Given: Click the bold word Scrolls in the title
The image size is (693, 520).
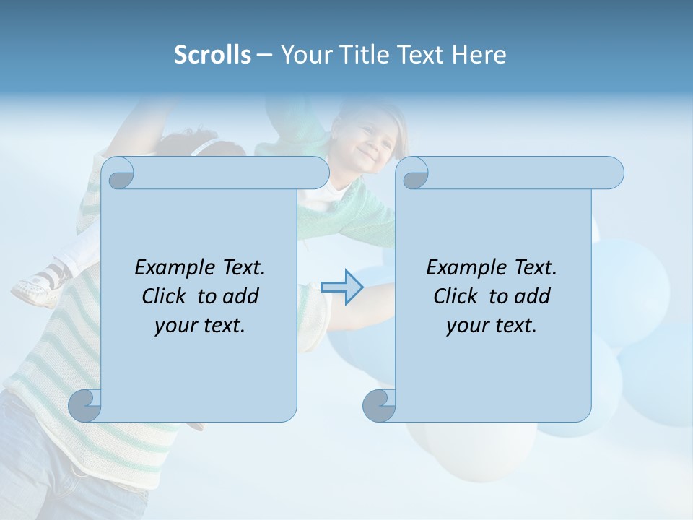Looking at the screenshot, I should [212, 55].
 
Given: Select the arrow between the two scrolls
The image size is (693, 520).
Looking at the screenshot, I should [341, 287].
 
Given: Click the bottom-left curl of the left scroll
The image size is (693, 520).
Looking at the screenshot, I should [85, 405].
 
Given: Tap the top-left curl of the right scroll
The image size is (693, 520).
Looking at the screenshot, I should [414, 174].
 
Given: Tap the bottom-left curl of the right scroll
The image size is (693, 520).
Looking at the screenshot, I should [379, 405].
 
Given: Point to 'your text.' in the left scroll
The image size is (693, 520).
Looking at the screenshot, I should [200, 325].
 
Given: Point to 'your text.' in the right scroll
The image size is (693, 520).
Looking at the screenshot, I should [492, 325].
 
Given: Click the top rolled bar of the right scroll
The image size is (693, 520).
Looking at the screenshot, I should [520, 173].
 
